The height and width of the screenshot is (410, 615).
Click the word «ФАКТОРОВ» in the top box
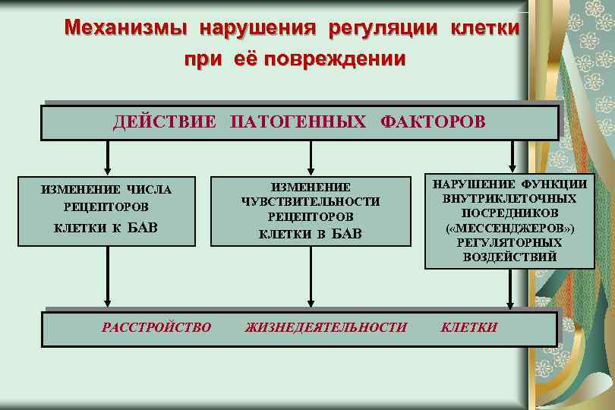[x=433, y=122]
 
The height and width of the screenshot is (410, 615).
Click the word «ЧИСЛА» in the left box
[x=150, y=190]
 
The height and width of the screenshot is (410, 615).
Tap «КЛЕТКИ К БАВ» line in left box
[x=106, y=227]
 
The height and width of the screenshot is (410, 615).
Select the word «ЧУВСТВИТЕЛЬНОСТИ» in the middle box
[x=310, y=201]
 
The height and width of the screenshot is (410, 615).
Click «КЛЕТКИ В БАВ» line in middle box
[x=311, y=233]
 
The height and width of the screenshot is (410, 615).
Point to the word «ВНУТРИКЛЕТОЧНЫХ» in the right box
[x=509, y=198]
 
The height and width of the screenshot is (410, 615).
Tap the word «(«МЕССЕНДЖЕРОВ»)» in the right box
[x=509, y=228]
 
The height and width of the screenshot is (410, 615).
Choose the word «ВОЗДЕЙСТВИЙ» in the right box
[x=509, y=257]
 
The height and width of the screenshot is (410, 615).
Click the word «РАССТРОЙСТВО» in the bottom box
[x=156, y=327]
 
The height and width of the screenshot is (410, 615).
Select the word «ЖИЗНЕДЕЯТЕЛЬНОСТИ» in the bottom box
[x=326, y=327]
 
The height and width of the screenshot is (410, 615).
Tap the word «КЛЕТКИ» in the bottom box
[x=469, y=327]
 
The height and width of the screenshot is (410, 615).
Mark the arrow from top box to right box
[x=513, y=157]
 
